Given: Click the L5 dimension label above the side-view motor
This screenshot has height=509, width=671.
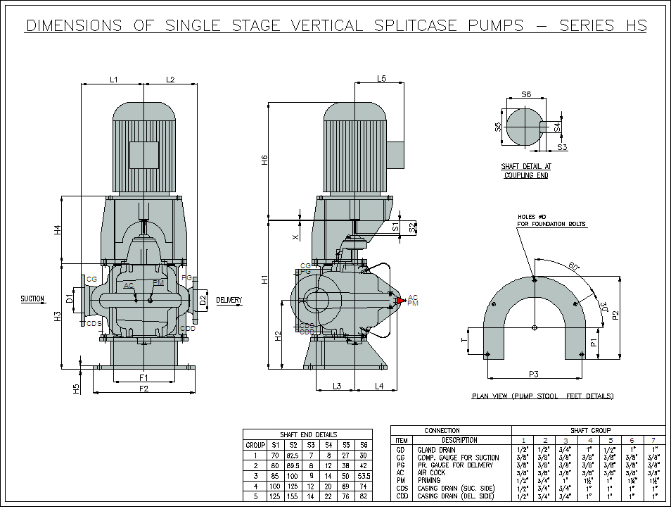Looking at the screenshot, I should [381, 79].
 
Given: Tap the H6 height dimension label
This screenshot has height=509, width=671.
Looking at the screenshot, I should [265, 160].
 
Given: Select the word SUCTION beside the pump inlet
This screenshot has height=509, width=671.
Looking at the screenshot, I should [32, 299].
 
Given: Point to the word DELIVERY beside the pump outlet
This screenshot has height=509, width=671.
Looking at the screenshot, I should [229, 301].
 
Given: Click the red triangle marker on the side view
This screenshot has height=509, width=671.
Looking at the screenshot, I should [402, 301].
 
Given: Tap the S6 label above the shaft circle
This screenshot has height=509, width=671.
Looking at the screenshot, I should [526, 94].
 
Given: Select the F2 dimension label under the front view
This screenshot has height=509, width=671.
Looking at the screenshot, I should [143, 389].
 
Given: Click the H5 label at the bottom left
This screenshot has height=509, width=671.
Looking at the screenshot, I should [77, 387].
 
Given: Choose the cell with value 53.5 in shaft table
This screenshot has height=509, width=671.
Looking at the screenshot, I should [364, 475].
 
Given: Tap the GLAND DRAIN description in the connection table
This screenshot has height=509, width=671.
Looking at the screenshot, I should [436, 449].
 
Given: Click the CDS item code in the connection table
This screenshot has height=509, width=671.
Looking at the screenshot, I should [402, 488].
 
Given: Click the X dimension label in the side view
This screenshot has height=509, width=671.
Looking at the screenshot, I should [295, 237].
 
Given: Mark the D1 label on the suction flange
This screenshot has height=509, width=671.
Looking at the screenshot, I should [69, 299].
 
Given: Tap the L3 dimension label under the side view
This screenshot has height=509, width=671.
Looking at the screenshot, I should [337, 386].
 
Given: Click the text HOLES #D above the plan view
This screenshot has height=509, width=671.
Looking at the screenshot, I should [532, 216].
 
